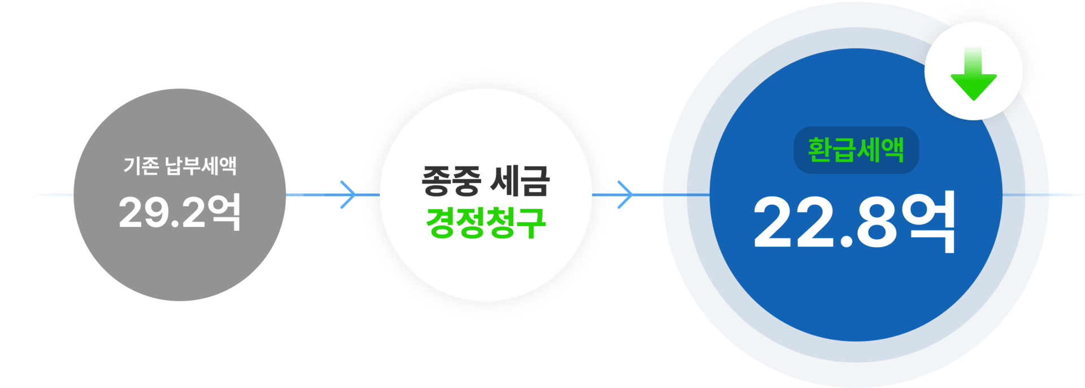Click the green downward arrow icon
(973, 74)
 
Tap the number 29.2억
(180, 212)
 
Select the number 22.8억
(854, 222)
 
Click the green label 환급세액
(856, 150)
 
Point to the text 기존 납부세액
(180, 166)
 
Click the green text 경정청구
(485, 223)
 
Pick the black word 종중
(451, 181)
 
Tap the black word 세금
(520, 181)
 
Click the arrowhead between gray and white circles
(349, 195)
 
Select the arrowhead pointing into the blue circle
(625, 195)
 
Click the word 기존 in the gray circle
(141, 166)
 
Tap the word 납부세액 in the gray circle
(201, 166)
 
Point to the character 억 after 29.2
(224, 212)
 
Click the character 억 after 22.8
(928, 222)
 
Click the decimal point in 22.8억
(846, 242)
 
